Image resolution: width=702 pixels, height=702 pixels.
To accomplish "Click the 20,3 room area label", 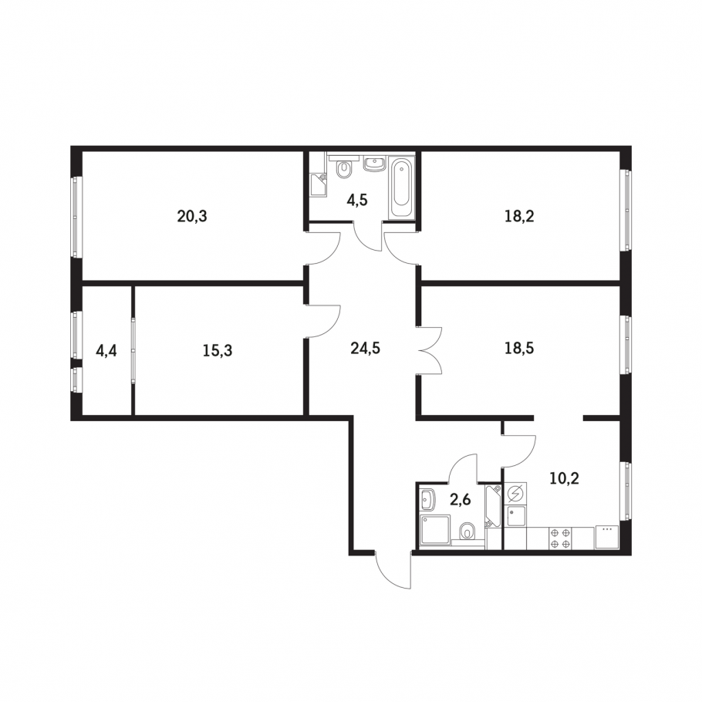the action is click(x=192, y=217).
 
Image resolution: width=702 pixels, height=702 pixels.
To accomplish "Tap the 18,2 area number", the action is click(x=519, y=217).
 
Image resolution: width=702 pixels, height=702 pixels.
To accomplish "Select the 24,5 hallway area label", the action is click(x=365, y=348).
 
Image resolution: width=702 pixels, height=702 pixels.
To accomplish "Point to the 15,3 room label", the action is click(x=217, y=350).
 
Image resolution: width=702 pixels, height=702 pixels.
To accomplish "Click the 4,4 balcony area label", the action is click(x=106, y=350).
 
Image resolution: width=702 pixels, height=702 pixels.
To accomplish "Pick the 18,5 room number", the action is click(x=519, y=348).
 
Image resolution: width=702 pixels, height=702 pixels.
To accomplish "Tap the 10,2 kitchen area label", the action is click(x=565, y=478).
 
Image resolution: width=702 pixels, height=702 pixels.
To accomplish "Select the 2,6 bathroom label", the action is click(x=461, y=499).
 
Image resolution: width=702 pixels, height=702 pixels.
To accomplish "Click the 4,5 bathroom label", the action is click(x=357, y=200).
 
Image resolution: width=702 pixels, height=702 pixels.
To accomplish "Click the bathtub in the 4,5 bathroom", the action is click(x=401, y=188).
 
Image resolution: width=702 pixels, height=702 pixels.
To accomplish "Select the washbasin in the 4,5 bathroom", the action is click(x=374, y=164).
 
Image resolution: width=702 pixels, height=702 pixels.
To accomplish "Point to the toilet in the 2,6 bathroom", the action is click(x=467, y=531).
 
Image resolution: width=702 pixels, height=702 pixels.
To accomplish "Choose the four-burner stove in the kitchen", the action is click(x=561, y=538).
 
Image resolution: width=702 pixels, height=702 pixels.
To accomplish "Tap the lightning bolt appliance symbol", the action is click(x=516, y=494).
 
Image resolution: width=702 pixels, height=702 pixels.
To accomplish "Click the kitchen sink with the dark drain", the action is click(x=516, y=516).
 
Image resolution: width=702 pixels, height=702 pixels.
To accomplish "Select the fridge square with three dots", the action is click(x=606, y=537).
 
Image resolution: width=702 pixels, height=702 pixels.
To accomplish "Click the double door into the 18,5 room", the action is click(x=430, y=350).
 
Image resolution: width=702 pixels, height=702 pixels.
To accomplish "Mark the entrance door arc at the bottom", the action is click(x=393, y=570).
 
